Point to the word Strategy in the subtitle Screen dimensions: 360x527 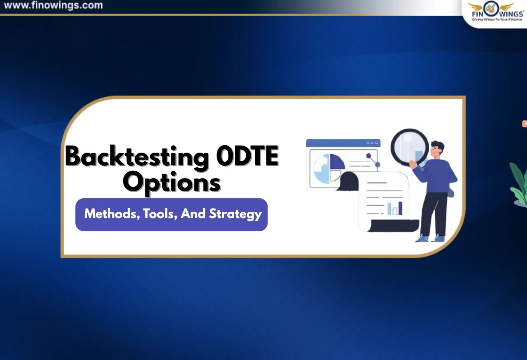coord(235,214)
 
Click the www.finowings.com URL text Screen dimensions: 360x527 coord(53,6)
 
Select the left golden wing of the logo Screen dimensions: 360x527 coord(476,7)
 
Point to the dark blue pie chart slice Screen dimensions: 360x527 coord(336,162)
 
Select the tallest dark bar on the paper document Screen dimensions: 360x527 coord(400,208)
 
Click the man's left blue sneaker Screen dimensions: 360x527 coord(422,238)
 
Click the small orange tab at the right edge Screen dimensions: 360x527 coord(525,123)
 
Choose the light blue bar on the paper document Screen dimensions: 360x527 coord(389,209)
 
